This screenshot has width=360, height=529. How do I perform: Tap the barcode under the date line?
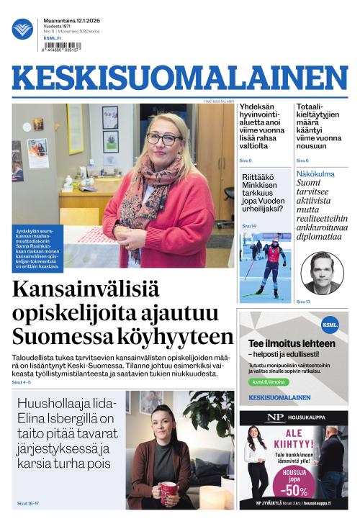click(x=62, y=46)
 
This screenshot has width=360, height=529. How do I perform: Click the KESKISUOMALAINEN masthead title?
click(x=179, y=78)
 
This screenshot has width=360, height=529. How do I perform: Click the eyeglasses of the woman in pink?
click(x=163, y=139)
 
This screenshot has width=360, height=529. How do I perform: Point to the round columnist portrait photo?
click(x=322, y=273)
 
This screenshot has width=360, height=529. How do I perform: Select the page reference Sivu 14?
click(x=248, y=226)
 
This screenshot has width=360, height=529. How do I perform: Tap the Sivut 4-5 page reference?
click(x=22, y=382)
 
